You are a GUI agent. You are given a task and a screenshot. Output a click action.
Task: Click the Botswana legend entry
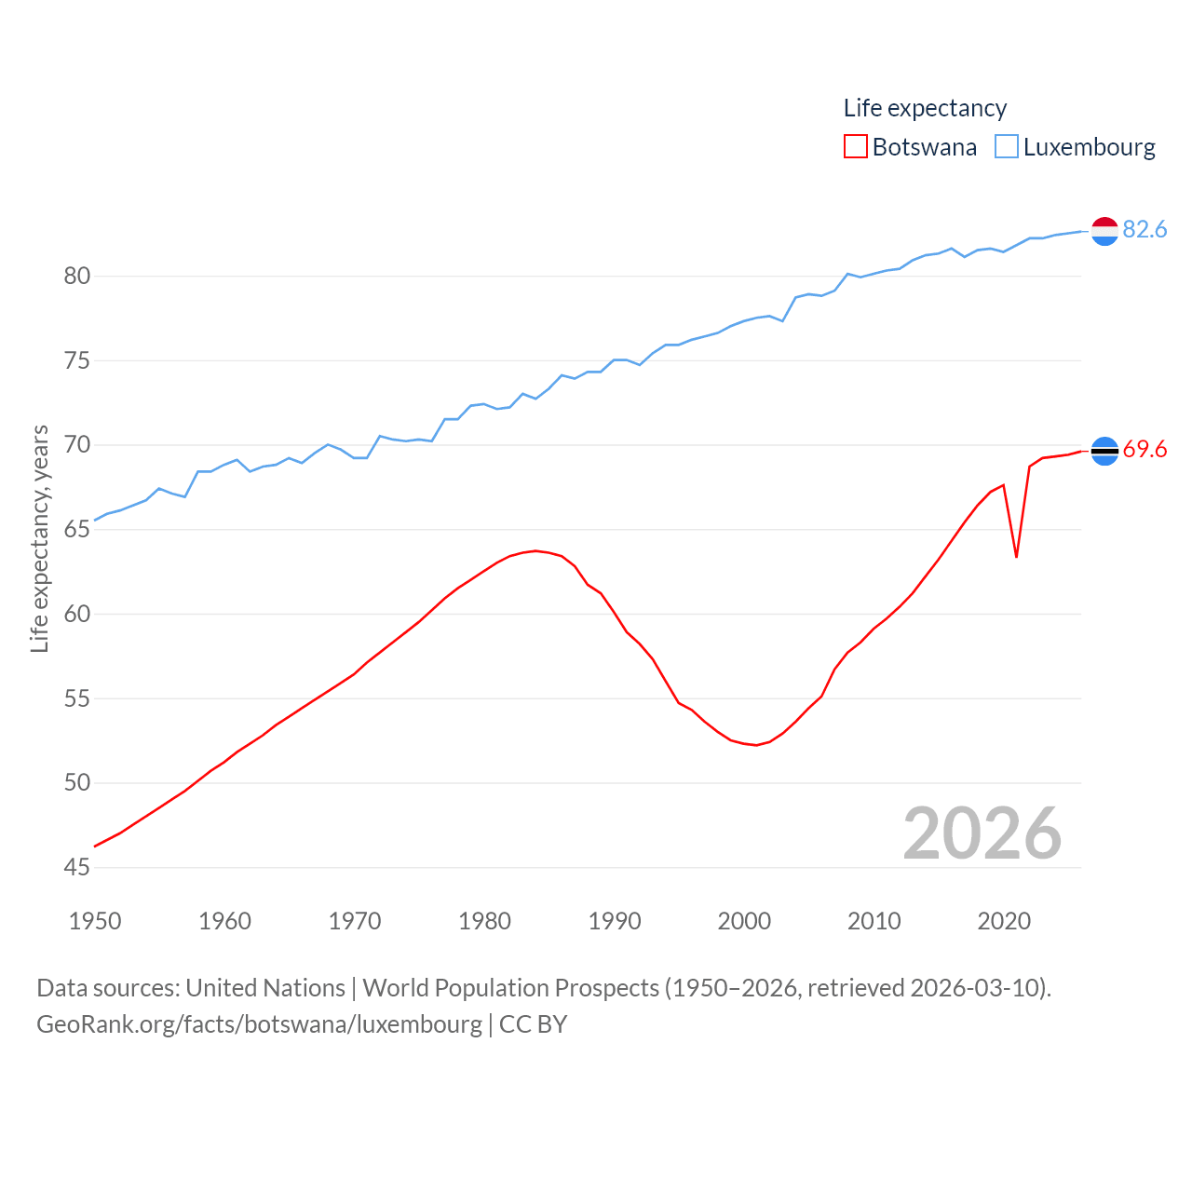pyautogui.click(x=911, y=147)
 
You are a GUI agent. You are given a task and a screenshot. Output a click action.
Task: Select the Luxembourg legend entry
pyautogui.click(x=1076, y=147)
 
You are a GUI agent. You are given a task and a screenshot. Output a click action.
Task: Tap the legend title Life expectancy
pyautogui.click(x=925, y=108)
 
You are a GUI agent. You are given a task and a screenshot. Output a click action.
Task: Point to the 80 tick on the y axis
pyautogui.click(x=77, y=276)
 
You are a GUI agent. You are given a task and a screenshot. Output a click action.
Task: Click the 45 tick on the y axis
pyautogui.click(x=77, y=867)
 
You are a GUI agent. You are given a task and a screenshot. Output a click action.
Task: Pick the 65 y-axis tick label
pyautogui.click(x=77, y=529)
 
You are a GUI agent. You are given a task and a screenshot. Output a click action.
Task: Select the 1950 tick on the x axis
pyautogui.click(x=95, y=921)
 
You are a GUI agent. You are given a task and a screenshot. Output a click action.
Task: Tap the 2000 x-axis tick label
pyautogui.click(x=744, y=921)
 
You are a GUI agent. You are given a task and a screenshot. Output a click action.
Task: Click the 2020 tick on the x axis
pyautogui.click(x=1004, y=921)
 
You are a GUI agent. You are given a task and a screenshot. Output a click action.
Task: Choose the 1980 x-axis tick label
pyautogui.click(x=484, y=921)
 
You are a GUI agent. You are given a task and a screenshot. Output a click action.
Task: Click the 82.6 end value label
pyautogui.click(x=1145, y=229)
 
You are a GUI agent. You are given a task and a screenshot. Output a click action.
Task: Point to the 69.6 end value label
pyautogui.click(x=1145, y=450)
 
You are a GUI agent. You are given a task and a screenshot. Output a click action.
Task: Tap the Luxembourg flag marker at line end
pyautogui.click(x=1104, y=231)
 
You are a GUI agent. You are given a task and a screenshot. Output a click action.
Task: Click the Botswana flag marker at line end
pyautogui.click(x=1104, y=451)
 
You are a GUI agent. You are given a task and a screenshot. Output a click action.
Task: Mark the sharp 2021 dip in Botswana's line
pyautogui.click(x=1016, y=556)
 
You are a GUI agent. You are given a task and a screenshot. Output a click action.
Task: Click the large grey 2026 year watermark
pyautogui.click(x=982, y=833)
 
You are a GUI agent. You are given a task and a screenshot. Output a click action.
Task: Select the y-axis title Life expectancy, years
pyautogui.click(x=39, y=539)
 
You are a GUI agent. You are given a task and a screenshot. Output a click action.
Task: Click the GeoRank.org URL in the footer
pyautogui.click(x=259, y=1024)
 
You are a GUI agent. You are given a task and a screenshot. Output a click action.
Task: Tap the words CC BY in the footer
pyautogui.click(x=533, y=1024)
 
